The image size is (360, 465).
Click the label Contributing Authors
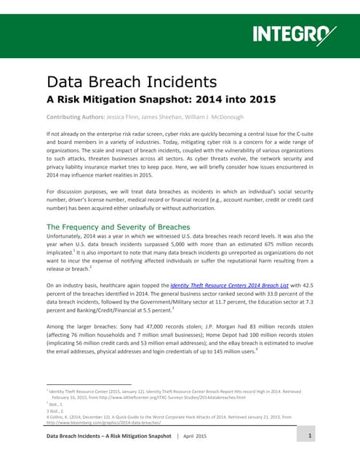(x=76, y=117)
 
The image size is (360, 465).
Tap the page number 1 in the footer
(x=309, y=436)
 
